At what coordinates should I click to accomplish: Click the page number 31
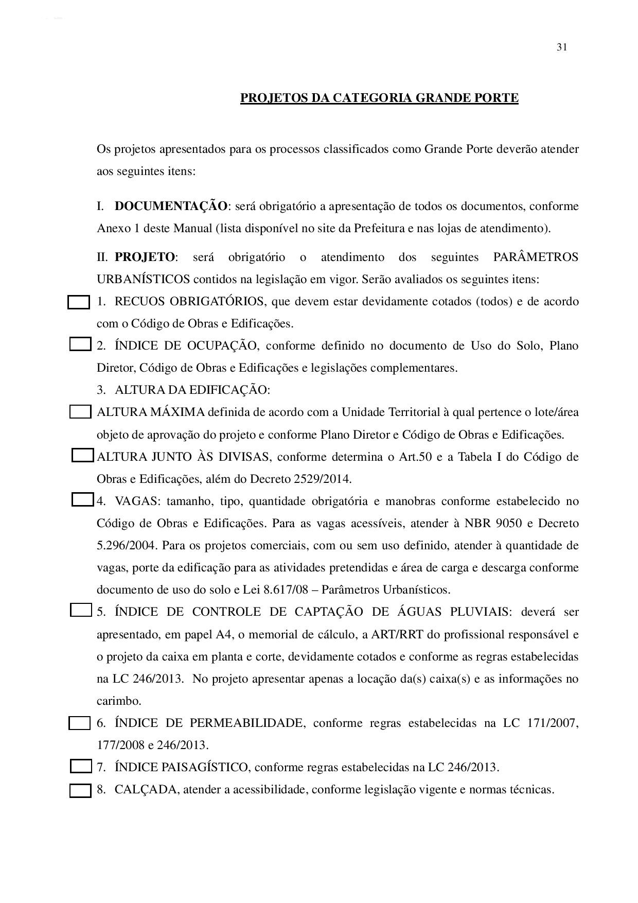pos(561,47)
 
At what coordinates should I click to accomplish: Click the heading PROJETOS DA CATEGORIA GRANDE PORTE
pos(379,98)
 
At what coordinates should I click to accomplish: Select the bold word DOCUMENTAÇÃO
pos(170,206)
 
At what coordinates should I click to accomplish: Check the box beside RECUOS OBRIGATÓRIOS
pos(79,302)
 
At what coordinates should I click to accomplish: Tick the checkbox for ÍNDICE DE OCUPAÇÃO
pos(80,344)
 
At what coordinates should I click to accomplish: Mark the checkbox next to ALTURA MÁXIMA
pos(80,412)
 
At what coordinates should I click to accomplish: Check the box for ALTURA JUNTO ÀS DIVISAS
pos(82,456)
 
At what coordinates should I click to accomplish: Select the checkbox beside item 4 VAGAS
pos(82,500)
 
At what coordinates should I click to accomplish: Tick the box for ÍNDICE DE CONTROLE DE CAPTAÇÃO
pos(80,611)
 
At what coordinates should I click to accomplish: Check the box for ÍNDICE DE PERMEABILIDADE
pos(80,723)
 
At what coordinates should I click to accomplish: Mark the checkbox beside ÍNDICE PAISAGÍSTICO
pos(80,767)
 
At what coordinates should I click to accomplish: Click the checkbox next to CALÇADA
pos(80,790)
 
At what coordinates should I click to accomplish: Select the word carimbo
pos(118,701)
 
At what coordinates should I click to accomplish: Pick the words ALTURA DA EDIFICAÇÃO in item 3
pos(192,390)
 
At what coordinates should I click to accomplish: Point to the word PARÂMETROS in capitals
pos(536,257)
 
